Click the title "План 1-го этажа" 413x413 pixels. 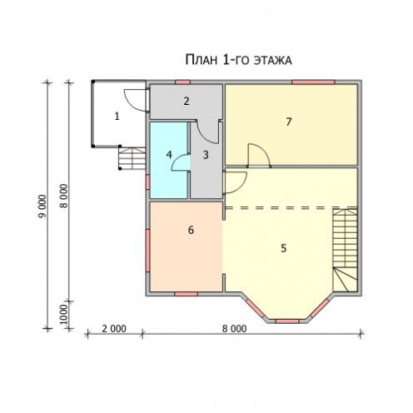click(238, 60)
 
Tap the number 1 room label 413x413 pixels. click(117, 117)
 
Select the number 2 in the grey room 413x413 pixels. click(187, 101)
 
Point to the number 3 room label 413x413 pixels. click(206, 155)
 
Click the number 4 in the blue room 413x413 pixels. click(169, 155)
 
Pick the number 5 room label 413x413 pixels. click(283, 248)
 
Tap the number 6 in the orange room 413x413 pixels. click(191, 230)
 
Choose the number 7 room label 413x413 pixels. click(289, 122)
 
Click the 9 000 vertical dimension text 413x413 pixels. click(42, 206)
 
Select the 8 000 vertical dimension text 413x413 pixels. click(64, 196)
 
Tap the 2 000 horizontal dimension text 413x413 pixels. click(114, 329)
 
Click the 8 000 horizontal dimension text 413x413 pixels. click(234, 329)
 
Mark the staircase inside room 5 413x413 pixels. click(345, 250)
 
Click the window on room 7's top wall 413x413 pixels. click(313, 82)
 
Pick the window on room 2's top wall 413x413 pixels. click(182, 82)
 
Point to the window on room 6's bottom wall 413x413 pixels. click(186, 294)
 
